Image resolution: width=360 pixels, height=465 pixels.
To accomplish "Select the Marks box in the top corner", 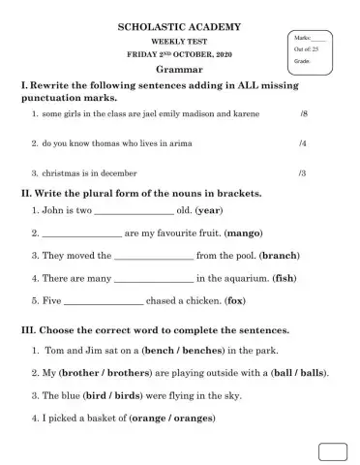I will (x=313, y=48).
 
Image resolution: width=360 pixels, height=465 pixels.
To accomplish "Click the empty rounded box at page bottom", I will (x=332, y=451).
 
